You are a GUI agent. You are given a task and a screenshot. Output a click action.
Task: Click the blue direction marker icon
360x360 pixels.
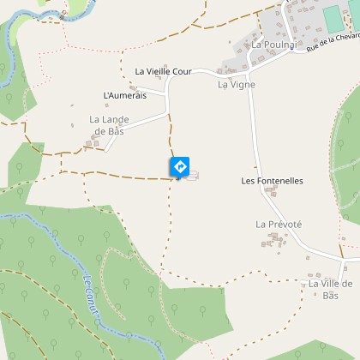coord(180,165)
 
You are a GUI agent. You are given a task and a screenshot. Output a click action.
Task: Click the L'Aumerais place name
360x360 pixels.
coord(125,95)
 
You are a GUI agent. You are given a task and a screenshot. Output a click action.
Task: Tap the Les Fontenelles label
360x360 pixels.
coord(273,181)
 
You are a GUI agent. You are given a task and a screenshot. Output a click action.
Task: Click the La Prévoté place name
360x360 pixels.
coord(279,224)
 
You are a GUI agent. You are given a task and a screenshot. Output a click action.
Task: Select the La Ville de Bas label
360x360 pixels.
coord(331,288)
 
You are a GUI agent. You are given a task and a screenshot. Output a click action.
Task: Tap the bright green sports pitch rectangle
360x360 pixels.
coord(333,16)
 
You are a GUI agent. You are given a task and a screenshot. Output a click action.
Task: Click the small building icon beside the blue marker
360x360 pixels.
coord(192,176)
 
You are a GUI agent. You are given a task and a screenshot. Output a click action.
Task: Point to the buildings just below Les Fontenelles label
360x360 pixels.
coord(273,194)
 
